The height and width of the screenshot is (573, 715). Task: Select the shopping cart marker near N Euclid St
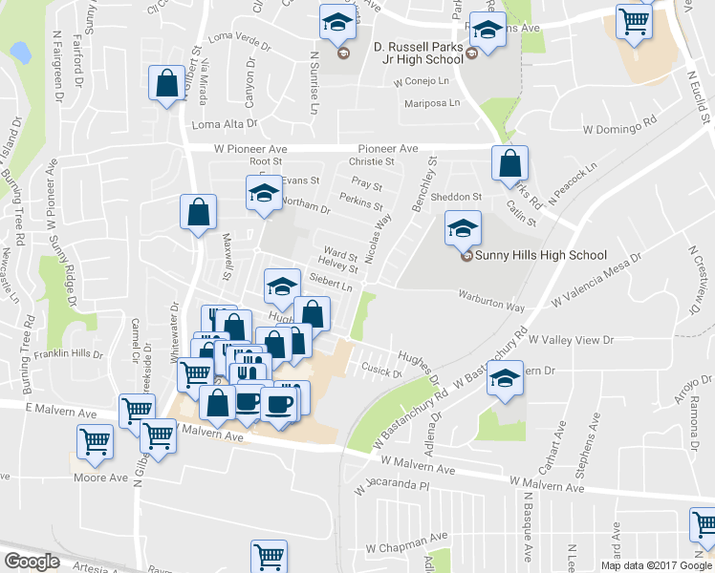pyautogui.click(x=635, y=21)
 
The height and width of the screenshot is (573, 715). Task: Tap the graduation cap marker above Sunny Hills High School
pyautogui.click(x=463, y=228)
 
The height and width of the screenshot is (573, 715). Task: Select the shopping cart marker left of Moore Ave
pyautogui.click(x=96, y=441)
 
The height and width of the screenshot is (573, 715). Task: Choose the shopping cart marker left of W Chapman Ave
pyautogui.click(x=270, y=555)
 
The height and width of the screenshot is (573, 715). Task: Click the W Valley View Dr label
pyautogui.click(x=570, y=339)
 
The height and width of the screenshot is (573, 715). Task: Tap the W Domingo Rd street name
pyautogui.click(x=622, y=125)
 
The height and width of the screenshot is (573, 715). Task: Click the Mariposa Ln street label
pyautogui.click(x=433, y=103)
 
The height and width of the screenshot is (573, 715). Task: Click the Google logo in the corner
pyautogui.click(x=32, y=562)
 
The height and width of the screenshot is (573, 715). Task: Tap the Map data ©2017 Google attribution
pyautogui.click(x=657, y=565)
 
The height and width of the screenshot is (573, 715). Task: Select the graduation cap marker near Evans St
pyautogui.click(x=263, y=193)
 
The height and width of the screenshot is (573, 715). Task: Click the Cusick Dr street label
pyautogui.click(x=380, y=371)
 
